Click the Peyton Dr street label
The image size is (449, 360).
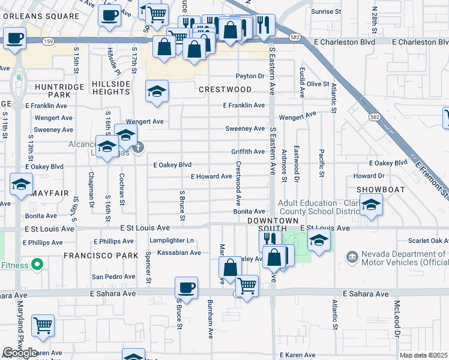(250, 76)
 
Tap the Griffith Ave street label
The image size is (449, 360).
(247, 152)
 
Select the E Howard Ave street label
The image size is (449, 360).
(211, 176)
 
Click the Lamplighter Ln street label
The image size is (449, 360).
(173, 241)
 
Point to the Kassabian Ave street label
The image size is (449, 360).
(179, 253)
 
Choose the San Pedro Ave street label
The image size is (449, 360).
(113, 277)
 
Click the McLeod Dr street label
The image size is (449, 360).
(397, 317)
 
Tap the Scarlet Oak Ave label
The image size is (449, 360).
(427, 241)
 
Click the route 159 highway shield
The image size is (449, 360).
(49, 41)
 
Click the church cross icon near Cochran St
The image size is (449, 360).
(138, 147)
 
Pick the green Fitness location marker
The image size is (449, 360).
(37, 264)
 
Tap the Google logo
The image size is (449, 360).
(20, 353)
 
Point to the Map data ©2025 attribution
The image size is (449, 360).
(423, 355)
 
